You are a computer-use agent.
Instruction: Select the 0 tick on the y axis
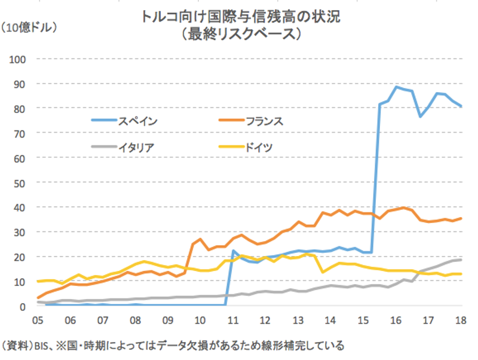(x=23, y=306)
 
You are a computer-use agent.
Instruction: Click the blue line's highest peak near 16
(x=396, y=87)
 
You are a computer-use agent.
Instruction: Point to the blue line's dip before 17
(x=421, y=117)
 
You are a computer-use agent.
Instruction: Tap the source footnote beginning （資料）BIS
(x=173, y=346)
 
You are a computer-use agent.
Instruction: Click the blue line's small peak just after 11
(x=234, y=251)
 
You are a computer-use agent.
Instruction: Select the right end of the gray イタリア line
(x=461, y=260)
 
